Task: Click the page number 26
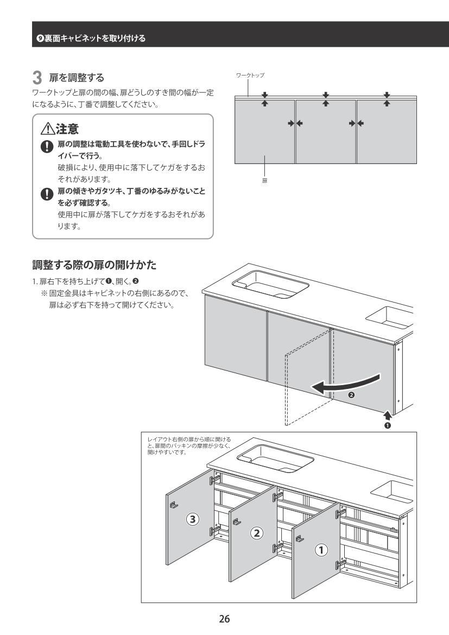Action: tap(224, 618)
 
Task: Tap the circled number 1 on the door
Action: tap(322, 550)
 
